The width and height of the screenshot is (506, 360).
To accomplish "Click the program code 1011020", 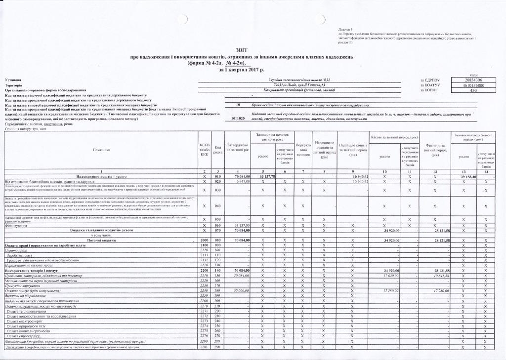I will tap(238, 119).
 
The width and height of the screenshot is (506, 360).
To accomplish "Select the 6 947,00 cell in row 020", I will tap(238, 182).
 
